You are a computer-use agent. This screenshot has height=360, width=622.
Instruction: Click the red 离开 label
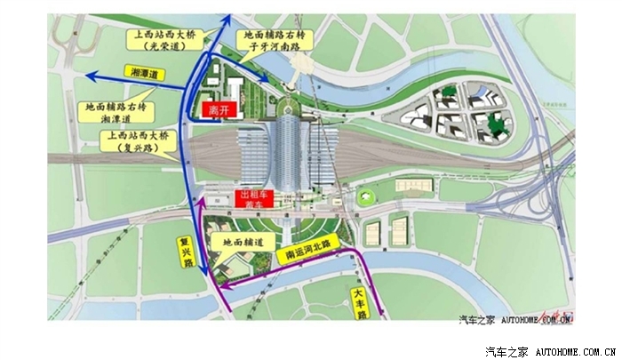tap(218, 110)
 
